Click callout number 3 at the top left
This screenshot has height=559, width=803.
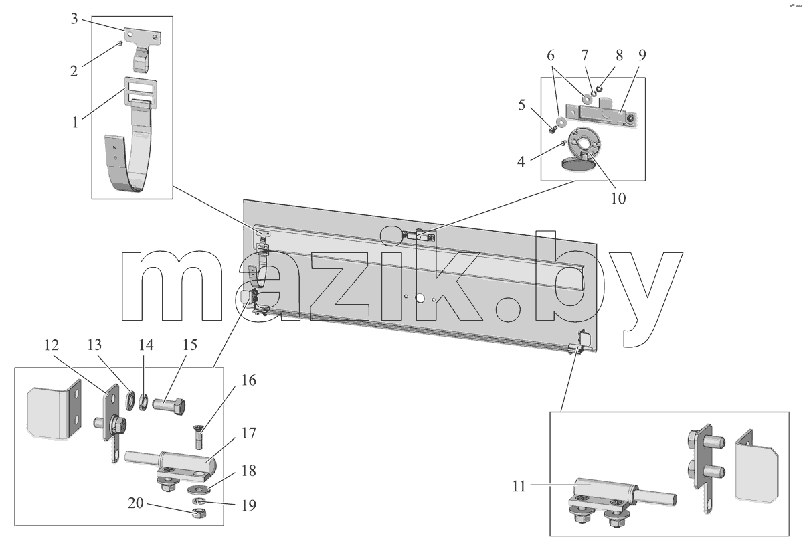pos(74,19)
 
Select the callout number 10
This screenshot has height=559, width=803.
pos(618,198)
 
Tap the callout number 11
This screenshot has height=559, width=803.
pos(519,487)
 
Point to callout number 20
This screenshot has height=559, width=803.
pos(135,503)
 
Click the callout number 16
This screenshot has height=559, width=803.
pos(249,380)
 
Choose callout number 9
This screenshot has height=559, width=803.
pos(642,55)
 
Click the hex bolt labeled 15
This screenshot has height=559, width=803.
pos(169,406)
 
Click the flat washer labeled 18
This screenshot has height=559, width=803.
pos(197,489)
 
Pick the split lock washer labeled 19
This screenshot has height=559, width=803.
pos(197,501)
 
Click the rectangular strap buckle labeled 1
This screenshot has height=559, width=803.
pos(141,92)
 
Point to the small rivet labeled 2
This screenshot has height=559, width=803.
pos(120,44)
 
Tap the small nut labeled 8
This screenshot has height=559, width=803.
pos(599,89)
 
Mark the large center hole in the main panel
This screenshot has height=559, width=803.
pos(420,298)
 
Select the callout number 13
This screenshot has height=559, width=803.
pos(94,345)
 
